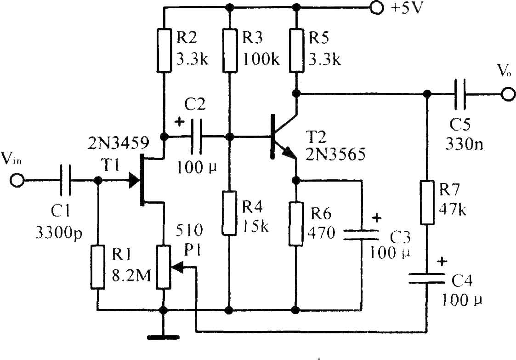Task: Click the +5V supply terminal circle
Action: (376, 7)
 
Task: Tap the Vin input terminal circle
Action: (17, 181)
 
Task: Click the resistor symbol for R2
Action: (164, 51)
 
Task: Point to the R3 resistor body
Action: (230, 51)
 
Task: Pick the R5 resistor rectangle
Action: (296, 51)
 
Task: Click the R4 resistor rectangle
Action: (229, 213)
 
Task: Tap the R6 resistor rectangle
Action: (296, 224)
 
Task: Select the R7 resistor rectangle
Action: (427, 202)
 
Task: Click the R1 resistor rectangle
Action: (98, 267)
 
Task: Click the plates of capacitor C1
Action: (65, 181)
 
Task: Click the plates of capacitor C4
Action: (427, 278)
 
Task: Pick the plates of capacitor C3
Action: (361, 234)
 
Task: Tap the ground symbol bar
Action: (163, 337)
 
